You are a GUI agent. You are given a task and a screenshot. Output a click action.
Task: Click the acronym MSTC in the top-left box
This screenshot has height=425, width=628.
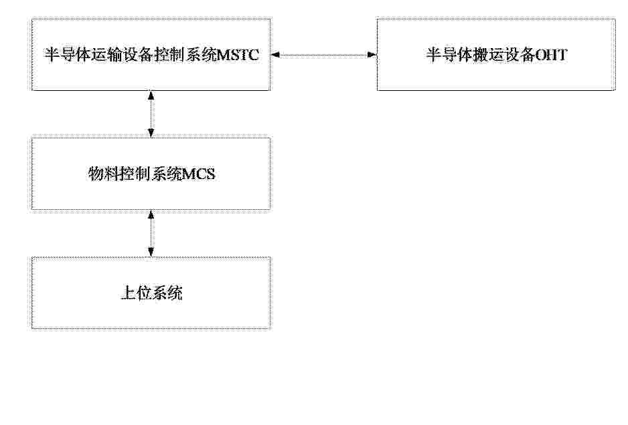click(x=237, y=55)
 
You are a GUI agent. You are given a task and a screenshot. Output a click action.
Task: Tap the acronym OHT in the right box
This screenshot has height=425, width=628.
click(x=551, y=55)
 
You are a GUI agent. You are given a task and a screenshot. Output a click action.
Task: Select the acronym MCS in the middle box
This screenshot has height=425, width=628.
click(x=198, y=174)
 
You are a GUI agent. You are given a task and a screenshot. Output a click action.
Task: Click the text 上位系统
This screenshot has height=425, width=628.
click(x=151, y=293)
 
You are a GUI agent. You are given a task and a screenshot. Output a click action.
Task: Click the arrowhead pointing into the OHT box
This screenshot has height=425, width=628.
click(x=372, y=55)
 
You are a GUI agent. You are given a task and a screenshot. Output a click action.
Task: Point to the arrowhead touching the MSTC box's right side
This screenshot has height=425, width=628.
click(x=276, y=55)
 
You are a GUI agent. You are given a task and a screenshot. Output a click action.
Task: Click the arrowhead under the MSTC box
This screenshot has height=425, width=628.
click(x=151, y=96)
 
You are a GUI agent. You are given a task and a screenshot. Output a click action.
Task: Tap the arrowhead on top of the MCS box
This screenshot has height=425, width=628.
click(x=151, y=133)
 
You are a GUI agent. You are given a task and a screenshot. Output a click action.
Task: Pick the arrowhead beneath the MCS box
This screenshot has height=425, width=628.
click(x=151, y=215)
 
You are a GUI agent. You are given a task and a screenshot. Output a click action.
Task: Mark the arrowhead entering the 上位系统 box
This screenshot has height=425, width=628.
click(x=151, y=253)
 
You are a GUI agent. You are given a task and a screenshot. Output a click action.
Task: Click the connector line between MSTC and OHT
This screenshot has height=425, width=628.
click(x=323, y=55)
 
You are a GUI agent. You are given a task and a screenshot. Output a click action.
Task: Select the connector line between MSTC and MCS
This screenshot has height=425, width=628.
click(x=151, y=114)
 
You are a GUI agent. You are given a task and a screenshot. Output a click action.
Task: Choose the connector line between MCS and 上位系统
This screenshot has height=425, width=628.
click(x=151, y=233)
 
